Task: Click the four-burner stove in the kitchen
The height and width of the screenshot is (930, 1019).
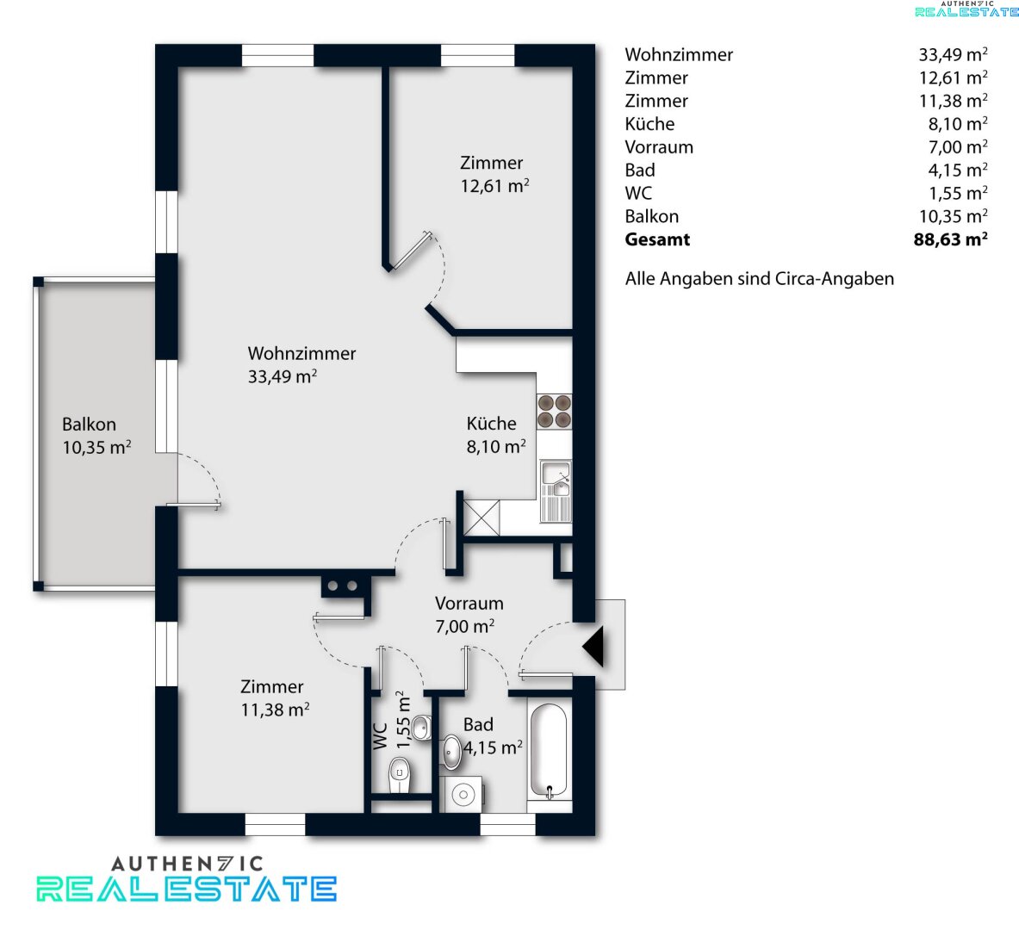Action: [555, 412]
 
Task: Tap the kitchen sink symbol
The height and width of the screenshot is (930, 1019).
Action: [556, 491]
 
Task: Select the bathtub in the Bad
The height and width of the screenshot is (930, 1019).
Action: [550, 751]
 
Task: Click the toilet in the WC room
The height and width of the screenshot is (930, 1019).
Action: [400, 775]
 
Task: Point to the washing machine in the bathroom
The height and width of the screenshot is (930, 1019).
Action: [462, 794]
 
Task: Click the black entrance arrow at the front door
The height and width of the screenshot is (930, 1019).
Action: [593, 647]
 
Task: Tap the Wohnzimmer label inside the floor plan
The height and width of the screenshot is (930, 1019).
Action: [301, 354]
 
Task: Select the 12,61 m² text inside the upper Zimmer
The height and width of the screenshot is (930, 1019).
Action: [494, 186]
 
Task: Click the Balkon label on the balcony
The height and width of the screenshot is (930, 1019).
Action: [89, 425]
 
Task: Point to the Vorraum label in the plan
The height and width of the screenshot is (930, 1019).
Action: [469, 603]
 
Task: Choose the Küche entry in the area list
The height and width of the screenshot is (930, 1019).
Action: [649, 123]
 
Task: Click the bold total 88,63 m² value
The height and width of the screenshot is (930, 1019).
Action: [950, 239]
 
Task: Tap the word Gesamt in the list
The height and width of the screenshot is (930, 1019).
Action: [657, 239]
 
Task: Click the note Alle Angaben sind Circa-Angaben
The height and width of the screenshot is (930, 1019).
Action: [759, 279]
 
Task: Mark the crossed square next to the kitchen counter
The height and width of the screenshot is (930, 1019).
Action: [482, 518]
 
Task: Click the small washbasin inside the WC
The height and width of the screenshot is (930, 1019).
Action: [422, 728]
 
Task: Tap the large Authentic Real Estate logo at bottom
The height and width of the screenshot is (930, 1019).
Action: [187, 878]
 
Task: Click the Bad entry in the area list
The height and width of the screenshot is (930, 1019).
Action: [639, 170]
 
